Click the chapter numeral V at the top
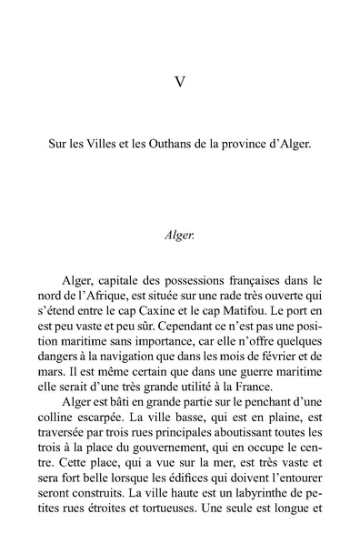[179, 83]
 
